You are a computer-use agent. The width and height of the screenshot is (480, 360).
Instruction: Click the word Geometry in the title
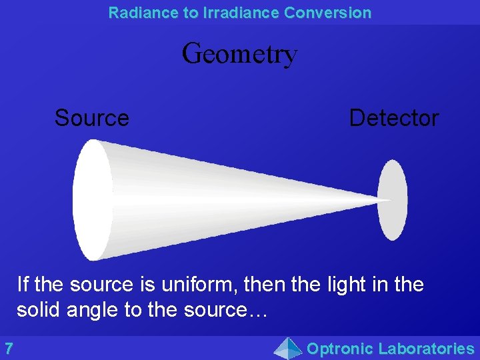point(239,54)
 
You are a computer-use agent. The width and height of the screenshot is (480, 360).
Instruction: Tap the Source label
point(92,118)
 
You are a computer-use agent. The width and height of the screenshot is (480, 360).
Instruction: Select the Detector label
point(393,118)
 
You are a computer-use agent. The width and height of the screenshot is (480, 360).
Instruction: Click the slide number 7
point(9,348)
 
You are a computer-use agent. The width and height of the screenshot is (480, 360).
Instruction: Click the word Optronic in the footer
point(339,348)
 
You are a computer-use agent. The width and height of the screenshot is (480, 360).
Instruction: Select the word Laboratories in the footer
point(425,348)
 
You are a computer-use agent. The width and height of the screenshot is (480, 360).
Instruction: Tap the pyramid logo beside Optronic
point(288,348)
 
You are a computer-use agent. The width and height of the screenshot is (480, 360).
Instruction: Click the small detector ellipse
point(393,199)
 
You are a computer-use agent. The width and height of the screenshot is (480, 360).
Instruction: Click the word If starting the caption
point(23,285)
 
